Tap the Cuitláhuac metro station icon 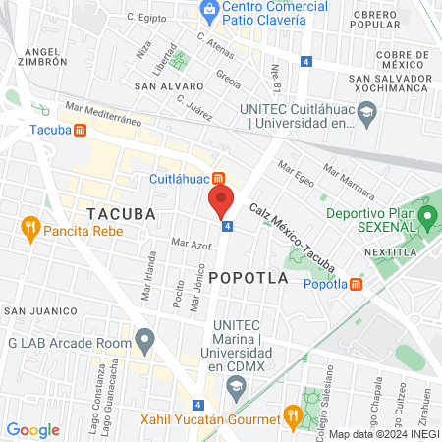[x=219, y=179]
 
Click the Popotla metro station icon [x=357, y=285]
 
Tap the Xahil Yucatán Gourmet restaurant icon [x=291, y=415]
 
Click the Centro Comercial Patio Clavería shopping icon [x=209, y=10]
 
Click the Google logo [x=32, y=429]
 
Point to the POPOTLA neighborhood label [x=249, y=278]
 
